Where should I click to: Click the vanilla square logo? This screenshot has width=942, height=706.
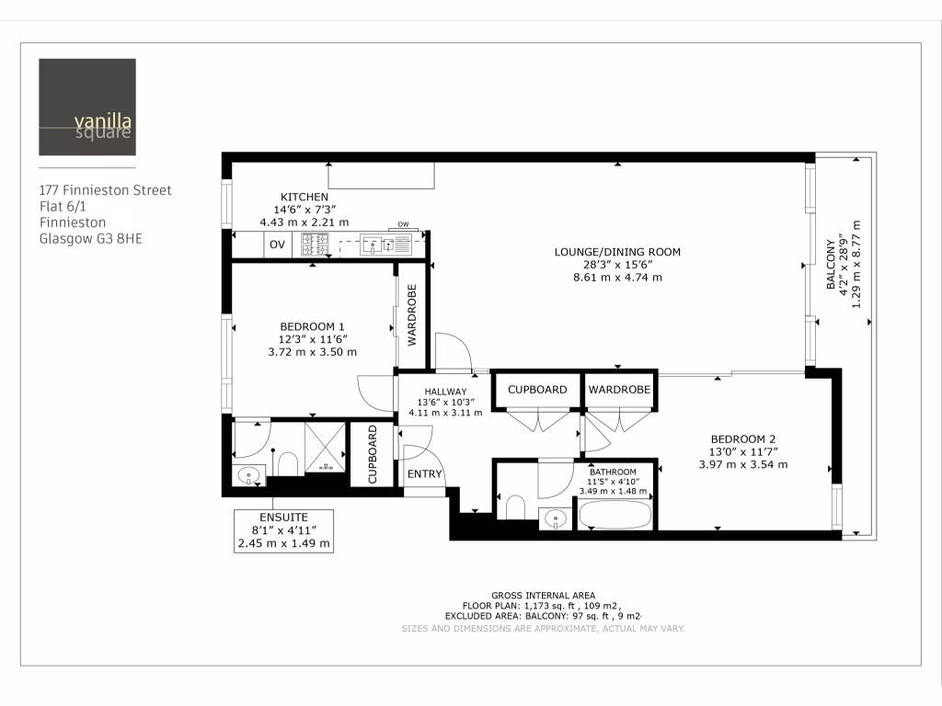pos(87,108)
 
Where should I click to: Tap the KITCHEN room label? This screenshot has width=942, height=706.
pos(304,197)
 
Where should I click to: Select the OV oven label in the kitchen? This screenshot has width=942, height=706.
pos(277,245)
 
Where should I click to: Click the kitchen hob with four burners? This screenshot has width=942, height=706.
pos(315,245)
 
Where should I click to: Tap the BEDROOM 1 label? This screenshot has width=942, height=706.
pos(312,326)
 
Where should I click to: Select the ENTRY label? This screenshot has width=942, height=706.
pos(425,474)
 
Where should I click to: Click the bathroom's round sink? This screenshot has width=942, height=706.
pos(556,519)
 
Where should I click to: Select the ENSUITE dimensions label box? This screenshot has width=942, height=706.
pos(283,530)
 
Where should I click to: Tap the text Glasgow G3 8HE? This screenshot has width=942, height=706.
pos(91,239)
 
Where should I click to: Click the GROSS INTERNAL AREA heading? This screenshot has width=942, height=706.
pos(543,595)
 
